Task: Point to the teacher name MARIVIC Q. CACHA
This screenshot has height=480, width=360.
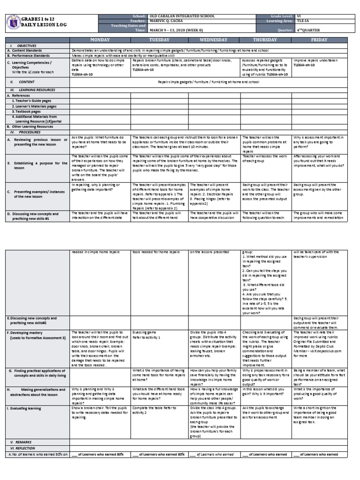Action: [170, 21]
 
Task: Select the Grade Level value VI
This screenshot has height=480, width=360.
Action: [299, 16]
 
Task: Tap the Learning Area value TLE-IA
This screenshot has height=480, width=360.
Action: [301, 21]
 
